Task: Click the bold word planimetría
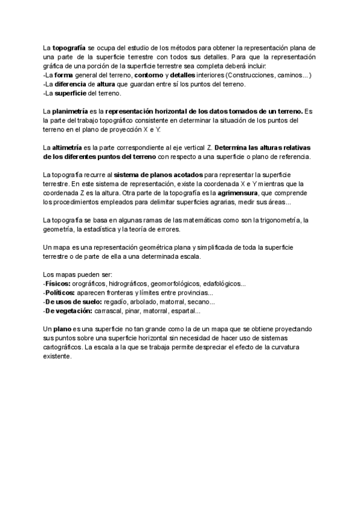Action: coord(70,112)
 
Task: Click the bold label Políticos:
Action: coord(60,292)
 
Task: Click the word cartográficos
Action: coord(65,347)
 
